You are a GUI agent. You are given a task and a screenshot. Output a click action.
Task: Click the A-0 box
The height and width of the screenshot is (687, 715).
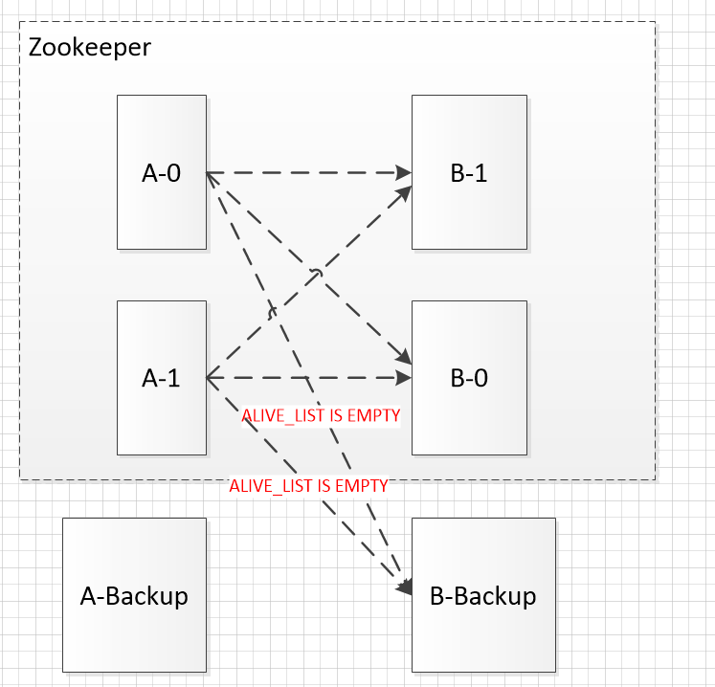161,172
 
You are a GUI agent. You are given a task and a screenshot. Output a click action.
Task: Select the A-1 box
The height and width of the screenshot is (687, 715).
161,378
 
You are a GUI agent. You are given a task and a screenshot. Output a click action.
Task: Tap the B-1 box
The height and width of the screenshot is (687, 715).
469,172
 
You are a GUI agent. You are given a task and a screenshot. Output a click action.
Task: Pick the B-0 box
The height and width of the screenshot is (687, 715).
469,378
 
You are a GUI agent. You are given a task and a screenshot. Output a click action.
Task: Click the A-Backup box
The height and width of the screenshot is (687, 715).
134,595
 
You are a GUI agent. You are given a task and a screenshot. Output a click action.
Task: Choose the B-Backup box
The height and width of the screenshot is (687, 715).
483,595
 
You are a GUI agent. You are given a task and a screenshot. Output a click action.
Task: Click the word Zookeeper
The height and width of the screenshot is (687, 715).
89,47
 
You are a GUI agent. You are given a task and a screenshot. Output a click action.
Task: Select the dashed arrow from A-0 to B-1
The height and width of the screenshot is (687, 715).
306,173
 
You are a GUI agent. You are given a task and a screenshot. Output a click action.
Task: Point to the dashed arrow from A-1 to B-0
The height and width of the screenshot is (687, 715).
306,379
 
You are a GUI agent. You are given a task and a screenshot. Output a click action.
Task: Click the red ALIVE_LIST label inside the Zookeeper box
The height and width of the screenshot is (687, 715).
320,415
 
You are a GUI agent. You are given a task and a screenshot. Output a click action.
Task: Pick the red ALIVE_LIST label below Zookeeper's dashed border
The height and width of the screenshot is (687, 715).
308,486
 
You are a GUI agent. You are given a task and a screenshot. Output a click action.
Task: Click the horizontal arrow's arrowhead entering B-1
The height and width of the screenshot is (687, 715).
404,173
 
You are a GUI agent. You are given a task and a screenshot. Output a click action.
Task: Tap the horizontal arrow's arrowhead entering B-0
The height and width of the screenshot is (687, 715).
404,379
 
